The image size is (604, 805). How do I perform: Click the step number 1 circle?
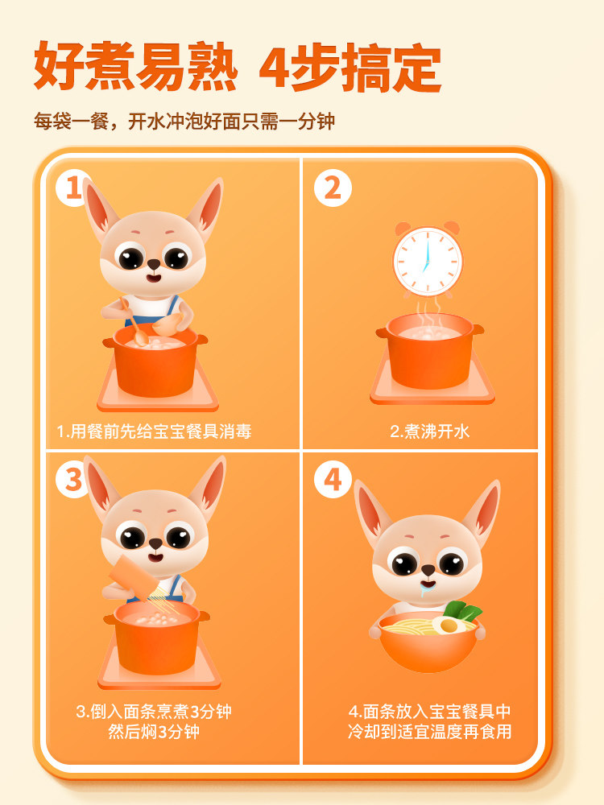tap(72, 188)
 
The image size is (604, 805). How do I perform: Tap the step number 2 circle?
tap(333, 188)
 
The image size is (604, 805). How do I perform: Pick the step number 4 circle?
tap(333, 481)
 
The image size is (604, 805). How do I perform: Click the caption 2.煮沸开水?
tap(429, 431)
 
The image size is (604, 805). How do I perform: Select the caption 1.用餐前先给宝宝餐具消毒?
tap(154, 431)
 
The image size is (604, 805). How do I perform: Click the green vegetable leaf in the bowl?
tap(464, 611)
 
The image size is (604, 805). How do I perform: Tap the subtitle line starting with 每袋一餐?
tap(184, 122)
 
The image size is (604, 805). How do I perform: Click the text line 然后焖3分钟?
tap(154, 732)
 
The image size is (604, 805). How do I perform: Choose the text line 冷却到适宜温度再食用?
tap(429, 732)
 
